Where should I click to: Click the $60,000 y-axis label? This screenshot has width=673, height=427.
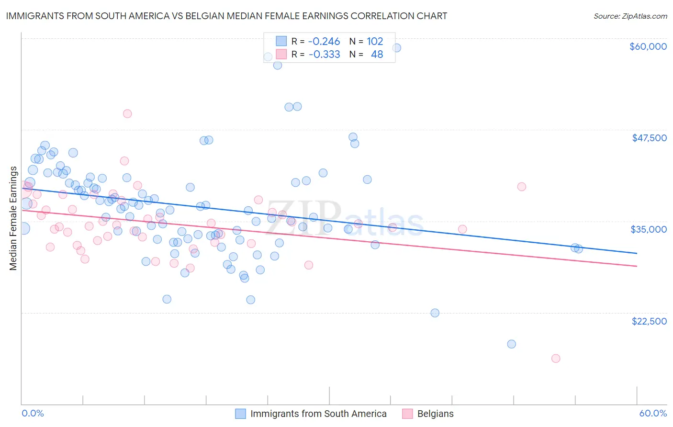pos(648,46)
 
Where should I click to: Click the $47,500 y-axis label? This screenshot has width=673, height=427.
pos(649,138)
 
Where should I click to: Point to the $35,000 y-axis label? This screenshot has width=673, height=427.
pos(649,229)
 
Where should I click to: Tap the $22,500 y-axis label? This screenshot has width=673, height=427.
pos(649,321)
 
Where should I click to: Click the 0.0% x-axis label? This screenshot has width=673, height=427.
pos(33,413)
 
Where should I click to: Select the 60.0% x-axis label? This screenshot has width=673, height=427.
pos(653,413)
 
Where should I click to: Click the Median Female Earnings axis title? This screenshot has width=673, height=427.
pos(13,218)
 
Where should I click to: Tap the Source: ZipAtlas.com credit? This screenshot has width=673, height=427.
pos(630,16)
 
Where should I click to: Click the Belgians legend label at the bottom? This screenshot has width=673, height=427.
pos(435,414)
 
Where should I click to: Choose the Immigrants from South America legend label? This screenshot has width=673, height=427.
pos(318,414)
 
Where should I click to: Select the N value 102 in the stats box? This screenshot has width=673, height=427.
pos(375,41)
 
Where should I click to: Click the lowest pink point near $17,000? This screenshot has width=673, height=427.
pos(556,359)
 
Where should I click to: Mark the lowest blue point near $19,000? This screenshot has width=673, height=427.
pos(511,344)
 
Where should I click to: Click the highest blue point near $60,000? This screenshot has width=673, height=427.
pos(396,48)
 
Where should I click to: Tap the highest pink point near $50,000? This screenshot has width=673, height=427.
pos(127,114)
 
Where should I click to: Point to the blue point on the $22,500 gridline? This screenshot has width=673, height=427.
pos(435,313)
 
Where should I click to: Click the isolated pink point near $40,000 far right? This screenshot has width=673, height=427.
pos(522,187)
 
